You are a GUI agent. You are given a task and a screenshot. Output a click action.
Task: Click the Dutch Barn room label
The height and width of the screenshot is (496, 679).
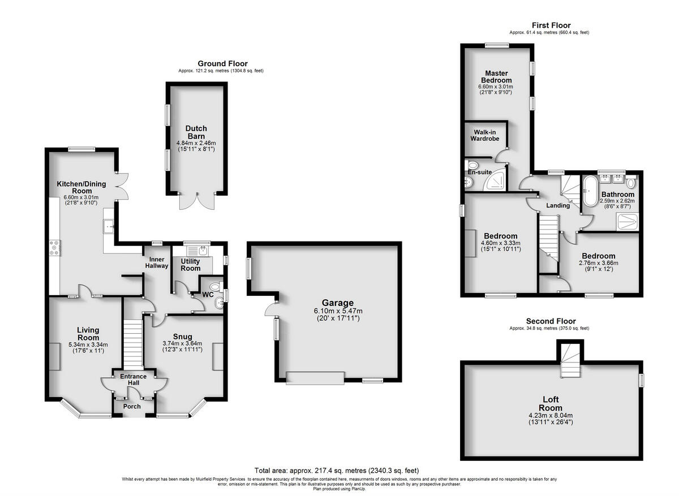coord(196,132)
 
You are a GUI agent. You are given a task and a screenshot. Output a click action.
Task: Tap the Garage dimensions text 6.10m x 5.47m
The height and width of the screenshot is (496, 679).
coord(338,311)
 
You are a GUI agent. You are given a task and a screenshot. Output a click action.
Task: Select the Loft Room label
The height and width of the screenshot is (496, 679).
coord(550,404)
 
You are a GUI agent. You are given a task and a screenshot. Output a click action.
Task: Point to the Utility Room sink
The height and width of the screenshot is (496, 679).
coord(199,250)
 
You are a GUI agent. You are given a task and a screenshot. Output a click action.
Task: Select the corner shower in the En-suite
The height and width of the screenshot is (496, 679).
coord(497,180)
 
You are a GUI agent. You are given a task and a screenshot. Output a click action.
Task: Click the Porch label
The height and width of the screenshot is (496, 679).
coord(132,407)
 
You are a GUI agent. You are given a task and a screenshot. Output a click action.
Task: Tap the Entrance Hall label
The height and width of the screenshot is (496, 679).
coord(134,380)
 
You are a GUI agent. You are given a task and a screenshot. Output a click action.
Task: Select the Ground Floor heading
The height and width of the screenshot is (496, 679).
coord(222,64)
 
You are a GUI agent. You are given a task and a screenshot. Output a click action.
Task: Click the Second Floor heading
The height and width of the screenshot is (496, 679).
coord(549,321)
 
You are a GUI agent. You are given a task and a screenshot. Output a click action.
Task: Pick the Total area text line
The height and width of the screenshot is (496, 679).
coord(337,471)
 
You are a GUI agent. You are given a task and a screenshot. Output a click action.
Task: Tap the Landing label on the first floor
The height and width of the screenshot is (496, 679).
coord(558,205)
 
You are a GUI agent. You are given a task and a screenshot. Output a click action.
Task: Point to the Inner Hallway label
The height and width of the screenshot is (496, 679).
coord(157,262)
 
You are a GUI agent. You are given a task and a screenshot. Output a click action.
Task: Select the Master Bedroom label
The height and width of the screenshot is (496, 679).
coord(496,77)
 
